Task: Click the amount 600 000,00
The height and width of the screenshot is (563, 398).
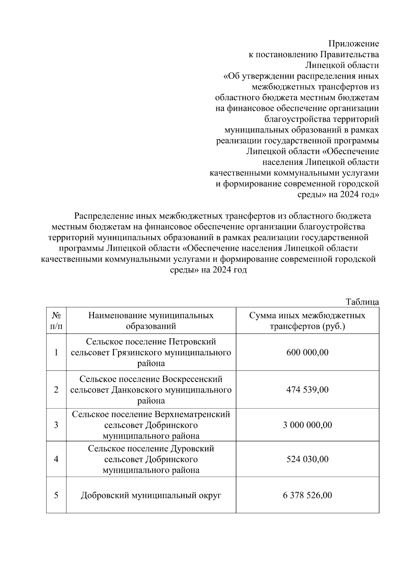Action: tap(307, 352)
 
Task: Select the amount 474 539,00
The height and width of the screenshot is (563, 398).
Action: tap(307, 389)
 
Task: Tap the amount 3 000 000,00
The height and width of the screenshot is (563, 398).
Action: tap(307, 425)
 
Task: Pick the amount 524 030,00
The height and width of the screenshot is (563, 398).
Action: tap(307, 459)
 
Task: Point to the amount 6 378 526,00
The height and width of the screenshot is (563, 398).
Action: tap(307, 495)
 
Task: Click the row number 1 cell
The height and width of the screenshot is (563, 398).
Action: tap(56, 352)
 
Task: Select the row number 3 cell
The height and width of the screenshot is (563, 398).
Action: tap(56, 425)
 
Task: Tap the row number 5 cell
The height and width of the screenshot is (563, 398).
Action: tap(56, 495)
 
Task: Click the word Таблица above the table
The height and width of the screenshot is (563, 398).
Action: tap(362, 302)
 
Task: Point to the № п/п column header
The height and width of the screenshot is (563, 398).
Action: tap(56, 320)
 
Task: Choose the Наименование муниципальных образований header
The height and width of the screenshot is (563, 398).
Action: tap(151, 320)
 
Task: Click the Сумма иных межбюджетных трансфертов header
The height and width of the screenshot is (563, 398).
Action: tap(307, 320)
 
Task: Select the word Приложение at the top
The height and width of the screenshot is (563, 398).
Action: tap(354, 44)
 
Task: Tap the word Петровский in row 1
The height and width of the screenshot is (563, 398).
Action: tap(192, 342)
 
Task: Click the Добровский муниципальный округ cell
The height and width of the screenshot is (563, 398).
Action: tap(151, 496)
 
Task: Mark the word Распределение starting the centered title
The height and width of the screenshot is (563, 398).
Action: tap(104, 216)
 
